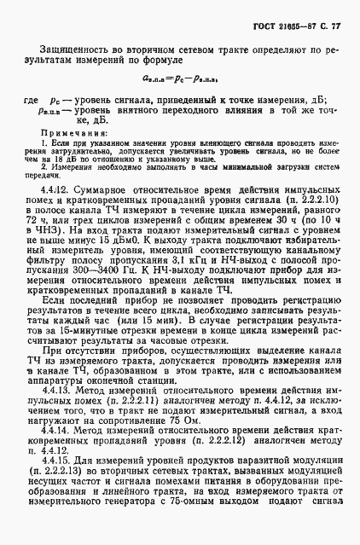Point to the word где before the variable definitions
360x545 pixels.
click(32, 98)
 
